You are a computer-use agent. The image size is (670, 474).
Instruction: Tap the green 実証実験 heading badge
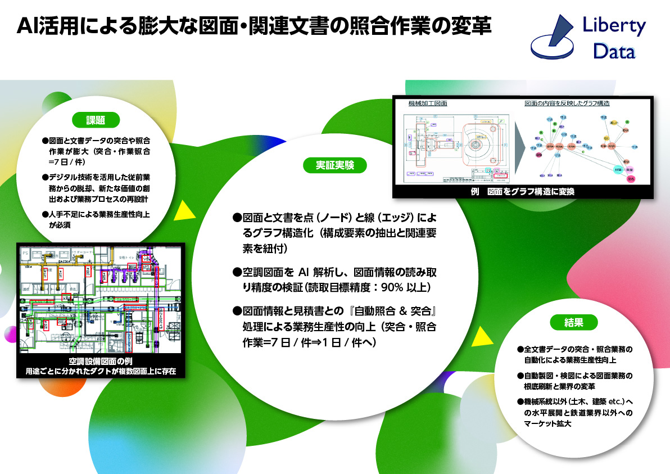pyautogui.click(x=334, y=165)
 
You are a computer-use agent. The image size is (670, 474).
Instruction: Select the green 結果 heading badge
pyautogui.click(x=573, y=322)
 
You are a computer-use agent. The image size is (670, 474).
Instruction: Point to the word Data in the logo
pyautogui.click(x=614, y=52)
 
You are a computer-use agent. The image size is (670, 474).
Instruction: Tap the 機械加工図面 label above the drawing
pyautogui.click(x=427, y=103)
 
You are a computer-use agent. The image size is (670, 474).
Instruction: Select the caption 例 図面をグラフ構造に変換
pyautogui.click(x=523, y=192)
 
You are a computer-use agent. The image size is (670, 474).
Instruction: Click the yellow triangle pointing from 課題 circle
pyautogui.click(x=181, y=211)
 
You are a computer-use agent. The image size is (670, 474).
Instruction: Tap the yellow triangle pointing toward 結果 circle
pyautogui.click(x=479, y=337)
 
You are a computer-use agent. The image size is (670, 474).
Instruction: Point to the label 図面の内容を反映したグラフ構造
pyautogui.click(x=567, y=103)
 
